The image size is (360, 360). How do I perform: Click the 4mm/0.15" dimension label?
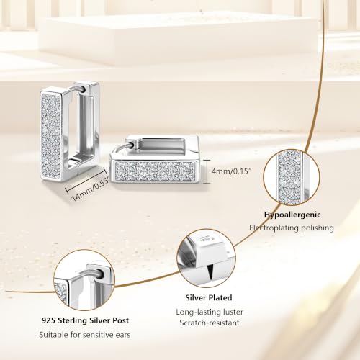[231, 171]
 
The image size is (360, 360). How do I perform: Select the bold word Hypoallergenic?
[292, 215]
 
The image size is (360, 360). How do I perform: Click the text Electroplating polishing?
[292, 228]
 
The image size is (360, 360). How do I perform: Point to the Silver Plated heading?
[209, 297]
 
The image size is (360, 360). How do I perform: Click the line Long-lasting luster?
[210, 312]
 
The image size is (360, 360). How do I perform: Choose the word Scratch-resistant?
[210, 323]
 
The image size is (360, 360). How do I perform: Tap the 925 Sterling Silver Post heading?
[85, 320]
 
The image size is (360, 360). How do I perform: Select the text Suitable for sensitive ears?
[85, 335]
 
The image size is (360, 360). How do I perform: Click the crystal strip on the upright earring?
[51, 135]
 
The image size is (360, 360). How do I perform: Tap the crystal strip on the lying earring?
[155, 171]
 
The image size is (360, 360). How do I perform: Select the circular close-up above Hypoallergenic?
[291, 178]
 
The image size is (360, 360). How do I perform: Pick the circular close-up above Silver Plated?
[206, 258]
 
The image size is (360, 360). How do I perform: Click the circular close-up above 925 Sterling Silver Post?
[84, 280]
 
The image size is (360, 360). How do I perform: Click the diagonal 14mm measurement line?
[86, 179]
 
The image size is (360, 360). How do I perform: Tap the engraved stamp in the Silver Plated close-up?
[204, 240]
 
